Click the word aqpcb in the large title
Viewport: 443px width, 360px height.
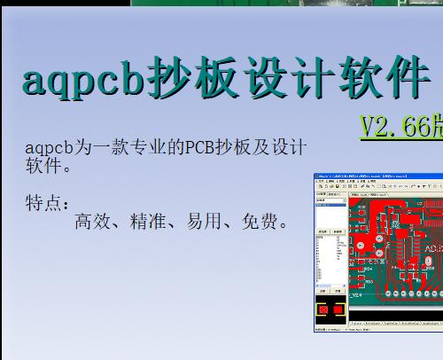tap(80, 81)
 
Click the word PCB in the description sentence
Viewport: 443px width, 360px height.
tap(201, 147)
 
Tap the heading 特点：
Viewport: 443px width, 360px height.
tap(48, 204)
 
